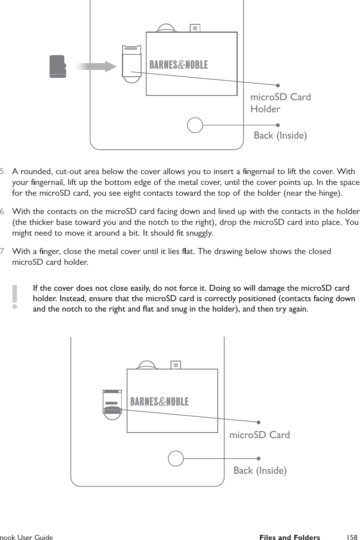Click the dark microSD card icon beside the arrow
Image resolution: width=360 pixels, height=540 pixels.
coord(58,66)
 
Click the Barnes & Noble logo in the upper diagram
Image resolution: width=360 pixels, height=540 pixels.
coord(179,65)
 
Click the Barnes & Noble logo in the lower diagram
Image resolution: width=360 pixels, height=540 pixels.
coord(159,401)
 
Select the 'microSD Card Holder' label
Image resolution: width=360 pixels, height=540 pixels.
coord(280,103)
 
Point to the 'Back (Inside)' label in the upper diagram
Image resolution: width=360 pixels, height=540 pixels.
coord(280,135)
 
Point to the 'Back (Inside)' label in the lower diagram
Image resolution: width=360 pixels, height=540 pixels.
coord(260,471)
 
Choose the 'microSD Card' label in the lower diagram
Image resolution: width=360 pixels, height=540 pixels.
coord(260,435)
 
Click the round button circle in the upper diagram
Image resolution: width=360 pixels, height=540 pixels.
coord(195,125)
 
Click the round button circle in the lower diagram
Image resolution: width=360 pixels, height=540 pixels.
coord(176,459)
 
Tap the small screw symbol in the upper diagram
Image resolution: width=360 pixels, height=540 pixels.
coord(195,28)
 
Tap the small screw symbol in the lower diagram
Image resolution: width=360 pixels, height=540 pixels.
coord(175,365)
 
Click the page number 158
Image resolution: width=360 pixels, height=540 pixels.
coord(352,537)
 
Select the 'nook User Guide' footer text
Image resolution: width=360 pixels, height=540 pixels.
coord(26,537)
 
